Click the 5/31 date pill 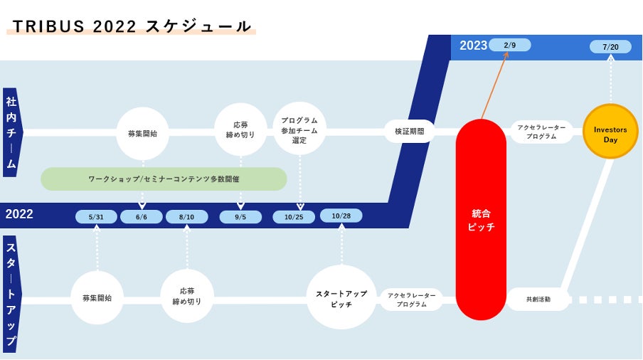[x=96, y=217]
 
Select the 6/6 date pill [x=142, y=217]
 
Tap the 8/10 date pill [x=187, y=217]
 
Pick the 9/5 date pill [x=240, y=217]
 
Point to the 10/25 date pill [x=294, y=217]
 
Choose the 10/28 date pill [x=341, y=216]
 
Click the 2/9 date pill [x=509, y=46]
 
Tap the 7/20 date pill [x=610, y=47]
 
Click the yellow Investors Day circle [x=610, y=131]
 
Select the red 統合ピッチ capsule [x=481, y=219]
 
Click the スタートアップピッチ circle [x=341, y=297]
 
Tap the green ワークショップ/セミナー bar [x=164, y=179]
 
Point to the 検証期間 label [x=409, y=131]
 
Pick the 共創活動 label [x=538, y=300]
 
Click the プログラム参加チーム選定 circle [x=299, y=130]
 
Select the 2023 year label [x=473, y=46]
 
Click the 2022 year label [x=19, y=214]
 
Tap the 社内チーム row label [x=11, y=132]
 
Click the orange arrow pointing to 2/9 [x=495, y=85]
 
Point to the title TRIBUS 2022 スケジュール [x=132, y=26]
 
